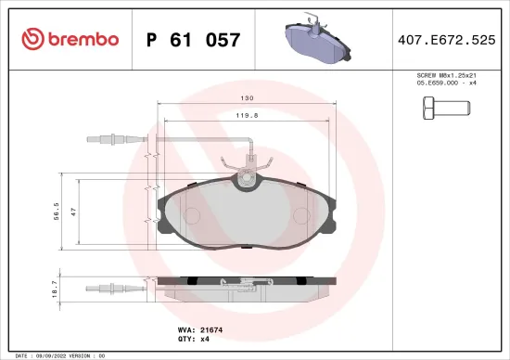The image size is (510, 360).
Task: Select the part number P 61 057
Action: click(194, 40)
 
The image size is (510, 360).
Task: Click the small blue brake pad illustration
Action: click(315, 40)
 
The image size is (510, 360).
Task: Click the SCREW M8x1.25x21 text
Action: click(447, 74)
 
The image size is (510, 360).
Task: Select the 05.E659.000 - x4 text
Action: click(447, 83)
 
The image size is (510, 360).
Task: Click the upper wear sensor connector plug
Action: click(108, 141)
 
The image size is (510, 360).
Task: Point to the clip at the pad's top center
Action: click(248, 174)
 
